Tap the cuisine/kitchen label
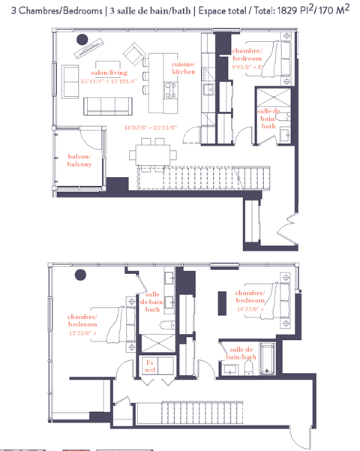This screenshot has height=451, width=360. point(183,68)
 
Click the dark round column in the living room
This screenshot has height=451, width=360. point(82,40)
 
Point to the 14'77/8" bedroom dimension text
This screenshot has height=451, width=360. point(250,308)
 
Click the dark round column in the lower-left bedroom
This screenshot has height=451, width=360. point(78,277)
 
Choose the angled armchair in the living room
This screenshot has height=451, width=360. point(135,54)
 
